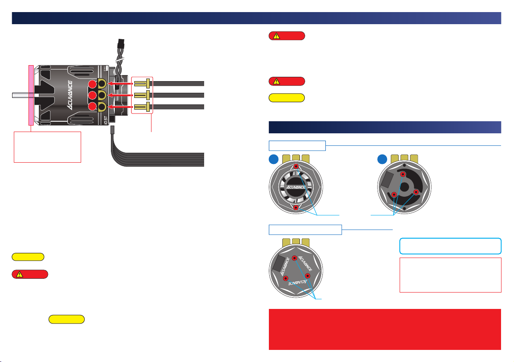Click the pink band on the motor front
click(x=31, y=95)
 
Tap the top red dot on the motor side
click(x=92, y=84)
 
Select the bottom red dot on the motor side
click(x=92, y=106)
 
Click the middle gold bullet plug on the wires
click(x=142, y=95)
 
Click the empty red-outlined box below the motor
click(x=47, y=147)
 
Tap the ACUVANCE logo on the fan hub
click(x=296, y=187)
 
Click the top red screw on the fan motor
click(x=296, y=167)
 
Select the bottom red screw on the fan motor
click(x=296, y=208)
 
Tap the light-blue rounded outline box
click(x=450, y=246)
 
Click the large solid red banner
click(x=385, y=329)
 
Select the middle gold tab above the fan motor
click(x=296, y=158)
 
